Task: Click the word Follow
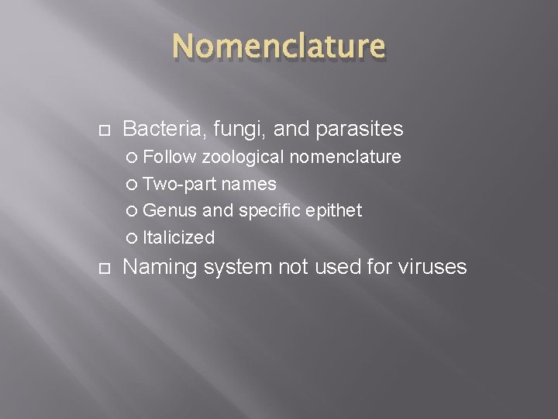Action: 170,158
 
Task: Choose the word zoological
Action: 243,158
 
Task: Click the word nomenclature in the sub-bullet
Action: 346,158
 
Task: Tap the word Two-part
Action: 179,184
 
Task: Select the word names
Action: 249,184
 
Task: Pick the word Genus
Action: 170,210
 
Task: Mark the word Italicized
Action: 179,237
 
